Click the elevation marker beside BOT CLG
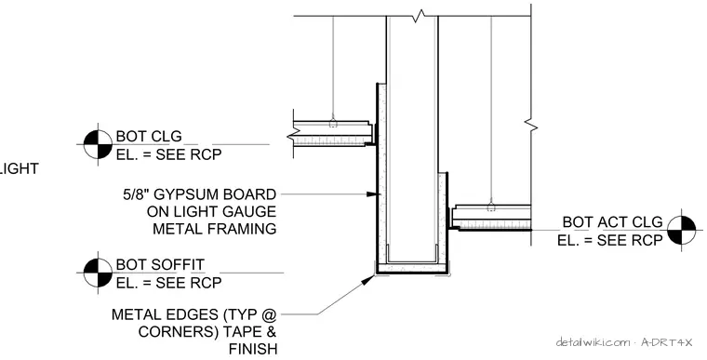98,144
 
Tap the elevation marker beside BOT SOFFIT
98,273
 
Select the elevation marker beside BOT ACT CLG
681,230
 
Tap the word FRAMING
242,229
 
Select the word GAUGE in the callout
250,211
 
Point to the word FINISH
253,349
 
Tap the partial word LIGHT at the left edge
19,168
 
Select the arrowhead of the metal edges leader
368,280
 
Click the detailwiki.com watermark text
593,342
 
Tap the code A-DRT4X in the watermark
666,342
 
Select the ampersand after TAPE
271,331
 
